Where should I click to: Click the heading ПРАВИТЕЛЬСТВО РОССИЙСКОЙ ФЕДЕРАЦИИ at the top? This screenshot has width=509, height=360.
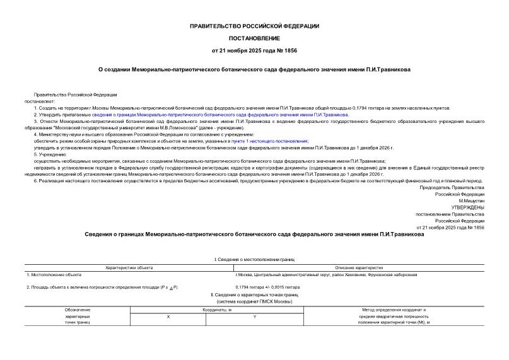[254, 26]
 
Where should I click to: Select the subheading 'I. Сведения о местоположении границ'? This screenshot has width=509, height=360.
[254, 260]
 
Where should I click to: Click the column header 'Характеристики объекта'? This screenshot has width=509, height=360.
[129, 267]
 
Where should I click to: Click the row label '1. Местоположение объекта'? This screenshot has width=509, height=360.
[54, 275]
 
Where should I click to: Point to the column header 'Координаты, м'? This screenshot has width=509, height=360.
[211, 310]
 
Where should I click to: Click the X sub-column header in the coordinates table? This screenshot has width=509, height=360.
[168, 316]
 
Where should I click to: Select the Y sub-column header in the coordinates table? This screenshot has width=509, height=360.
[254, 316]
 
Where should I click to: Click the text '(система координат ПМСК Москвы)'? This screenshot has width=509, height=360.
[254, 301]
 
